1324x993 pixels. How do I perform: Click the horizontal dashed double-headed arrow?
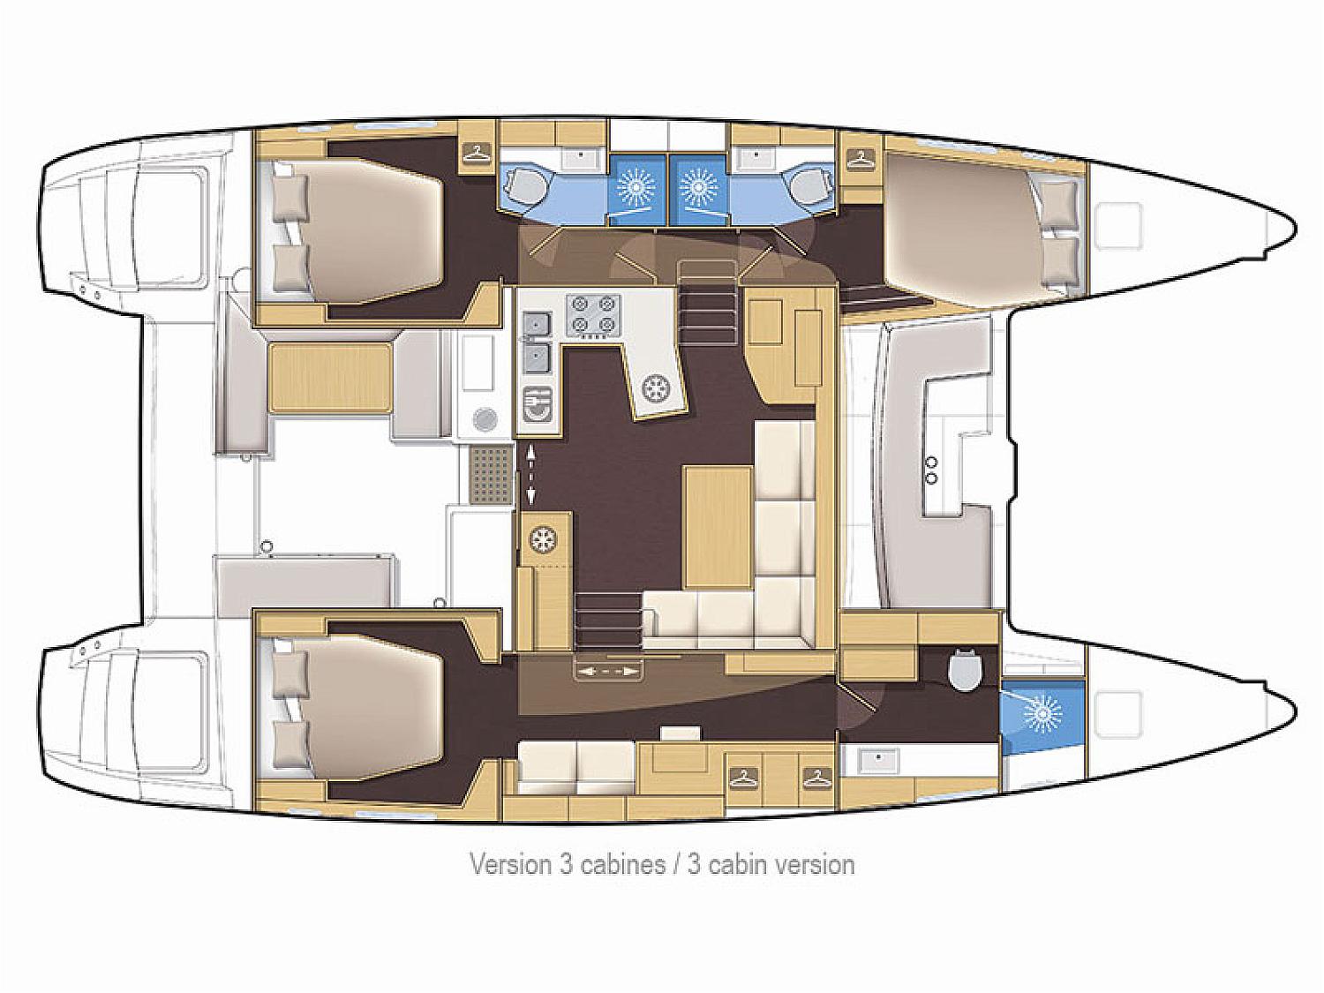tap(608, 671)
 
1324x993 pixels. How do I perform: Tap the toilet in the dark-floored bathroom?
tap(964, 670)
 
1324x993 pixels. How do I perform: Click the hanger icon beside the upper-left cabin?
tap(477, 152)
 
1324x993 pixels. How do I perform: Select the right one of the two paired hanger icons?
tap(816, 777)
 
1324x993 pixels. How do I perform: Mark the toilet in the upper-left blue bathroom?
tap(523, 187)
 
